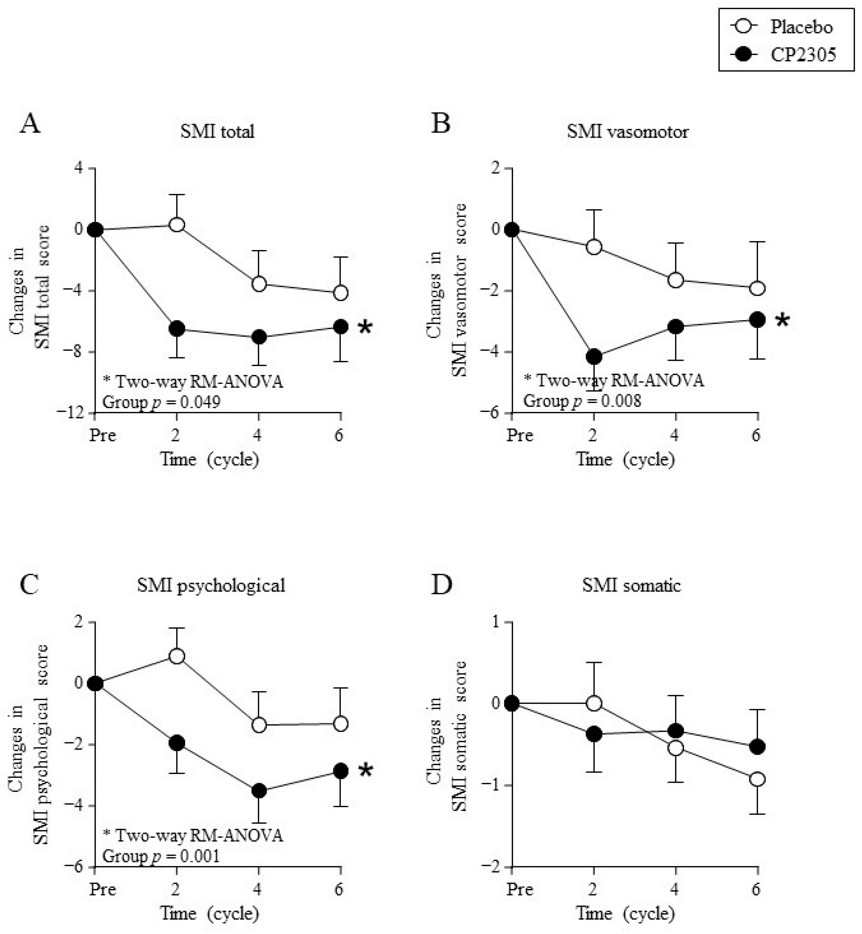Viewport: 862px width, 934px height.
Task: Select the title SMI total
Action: point(217,131)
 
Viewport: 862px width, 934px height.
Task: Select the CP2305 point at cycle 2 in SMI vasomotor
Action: point(593,357)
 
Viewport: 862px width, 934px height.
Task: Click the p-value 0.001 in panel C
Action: point(200,856)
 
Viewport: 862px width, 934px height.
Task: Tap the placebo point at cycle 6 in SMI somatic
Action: point(757,779)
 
